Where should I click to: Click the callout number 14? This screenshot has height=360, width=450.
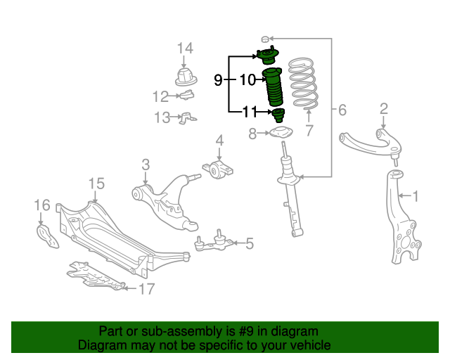184,48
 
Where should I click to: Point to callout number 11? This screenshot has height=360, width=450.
250,111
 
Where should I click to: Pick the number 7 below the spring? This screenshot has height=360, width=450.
309,129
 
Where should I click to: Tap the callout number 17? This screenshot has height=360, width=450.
146,288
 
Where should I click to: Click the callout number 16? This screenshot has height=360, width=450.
42,205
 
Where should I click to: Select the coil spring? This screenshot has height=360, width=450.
304,84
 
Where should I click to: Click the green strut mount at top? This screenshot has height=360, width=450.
266,56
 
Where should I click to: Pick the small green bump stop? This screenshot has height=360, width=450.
278,115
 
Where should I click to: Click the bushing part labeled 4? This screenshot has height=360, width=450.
222,169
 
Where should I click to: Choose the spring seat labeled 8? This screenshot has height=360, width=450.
281,133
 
